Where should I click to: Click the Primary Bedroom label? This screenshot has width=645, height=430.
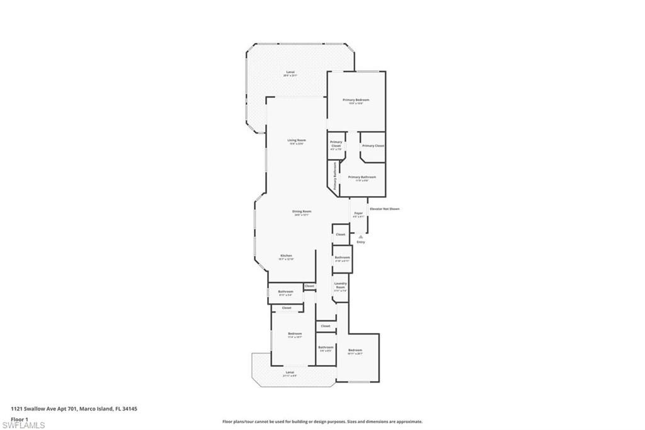[356, 100]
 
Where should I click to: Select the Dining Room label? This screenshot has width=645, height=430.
[302, 212]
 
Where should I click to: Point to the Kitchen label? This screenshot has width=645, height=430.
[286, 256]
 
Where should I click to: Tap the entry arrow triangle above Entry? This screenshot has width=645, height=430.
[360, 237]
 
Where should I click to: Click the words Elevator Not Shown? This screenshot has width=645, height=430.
[384, 209]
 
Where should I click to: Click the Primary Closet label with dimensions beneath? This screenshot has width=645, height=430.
[336, 145]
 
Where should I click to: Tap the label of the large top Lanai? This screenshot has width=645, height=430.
[290, 73]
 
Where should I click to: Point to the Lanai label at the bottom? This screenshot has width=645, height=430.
[290, 373]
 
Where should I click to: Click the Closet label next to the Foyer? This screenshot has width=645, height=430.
[341, 234]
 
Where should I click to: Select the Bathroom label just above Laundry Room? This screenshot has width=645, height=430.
[342, 258]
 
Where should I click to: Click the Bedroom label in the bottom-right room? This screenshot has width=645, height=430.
[355, 351]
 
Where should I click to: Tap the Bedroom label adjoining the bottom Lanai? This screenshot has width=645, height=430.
[295, 334]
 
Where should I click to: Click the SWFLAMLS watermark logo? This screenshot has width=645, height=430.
[23, 425]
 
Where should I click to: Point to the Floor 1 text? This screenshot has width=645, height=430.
[20, 419]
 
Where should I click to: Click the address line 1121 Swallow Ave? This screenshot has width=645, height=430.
[74, 409]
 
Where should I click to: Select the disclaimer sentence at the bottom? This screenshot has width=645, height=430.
[322, 422]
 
